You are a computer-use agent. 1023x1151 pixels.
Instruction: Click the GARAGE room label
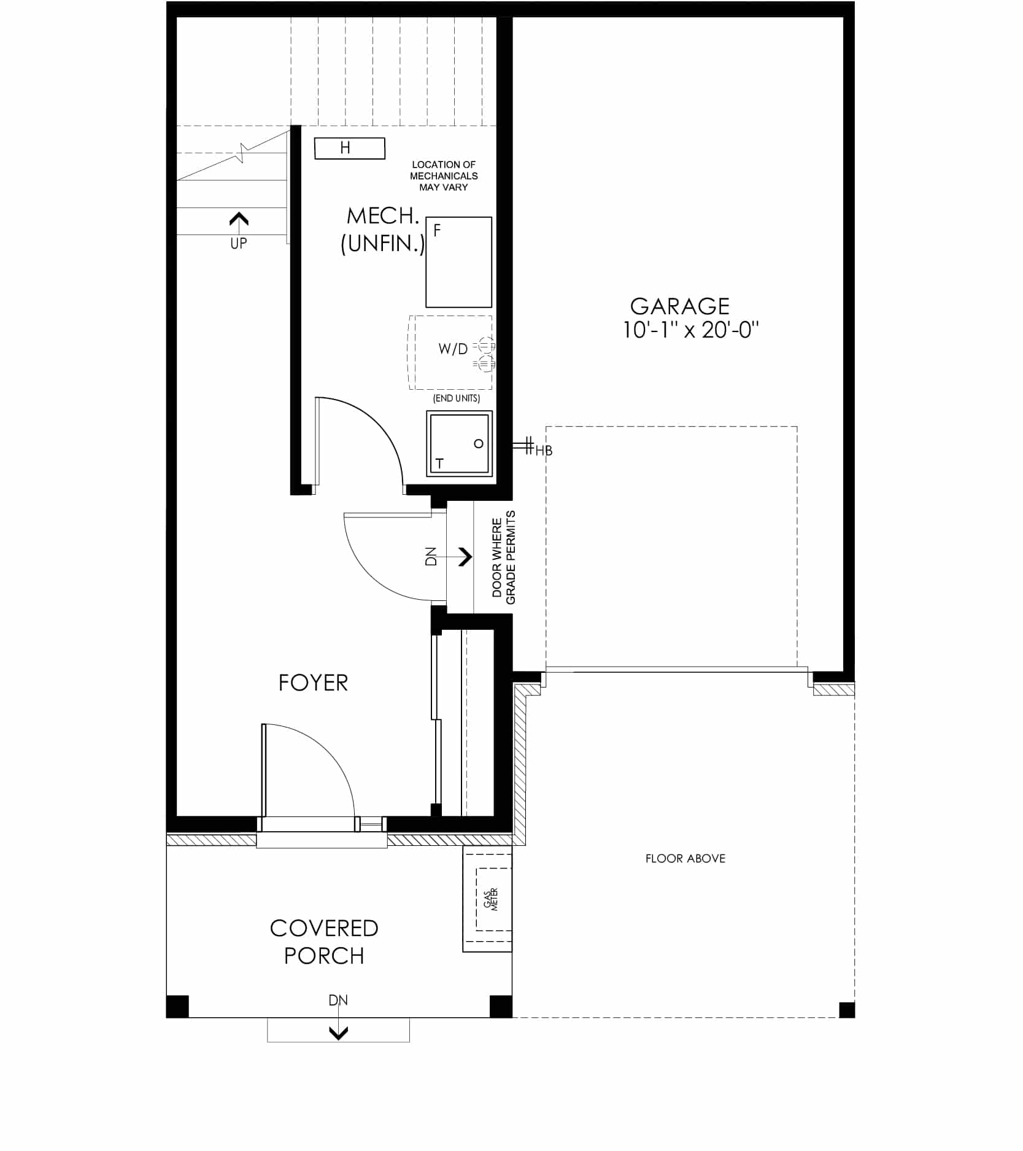[x=679, y=306]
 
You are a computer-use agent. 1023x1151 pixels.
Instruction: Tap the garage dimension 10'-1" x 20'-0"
[x=691, y=330]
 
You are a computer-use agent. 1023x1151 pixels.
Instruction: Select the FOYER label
[x=313, y=683]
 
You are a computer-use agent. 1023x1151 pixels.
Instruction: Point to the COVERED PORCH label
[x=324, y=942]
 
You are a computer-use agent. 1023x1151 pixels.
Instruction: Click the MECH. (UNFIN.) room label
[x=383, y=230]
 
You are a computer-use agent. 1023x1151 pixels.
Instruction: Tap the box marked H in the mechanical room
[x=350, y=148]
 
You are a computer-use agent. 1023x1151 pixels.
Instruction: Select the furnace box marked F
[x=459, y=262]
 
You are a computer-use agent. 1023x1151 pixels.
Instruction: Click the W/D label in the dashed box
[x=453, y=349]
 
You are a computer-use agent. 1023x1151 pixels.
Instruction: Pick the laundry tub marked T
[x=460, y=443]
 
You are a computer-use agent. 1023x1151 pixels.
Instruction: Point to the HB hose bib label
[x=544, y=451]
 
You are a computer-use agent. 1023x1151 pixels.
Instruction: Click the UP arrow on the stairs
[x=239, y=219]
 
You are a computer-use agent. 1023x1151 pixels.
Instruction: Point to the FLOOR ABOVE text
[x=685, y=858]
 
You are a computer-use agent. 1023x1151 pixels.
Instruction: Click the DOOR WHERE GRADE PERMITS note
[x=504, y=557]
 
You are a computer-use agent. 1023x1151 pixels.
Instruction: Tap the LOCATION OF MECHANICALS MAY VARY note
[x=444, y=176]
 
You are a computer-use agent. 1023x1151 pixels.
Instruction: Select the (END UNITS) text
[x=457, y=398]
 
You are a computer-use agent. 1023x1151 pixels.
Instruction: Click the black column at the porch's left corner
[x=177, y=1007]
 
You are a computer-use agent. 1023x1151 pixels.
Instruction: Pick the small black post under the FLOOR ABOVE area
[x=847, y=1010]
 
